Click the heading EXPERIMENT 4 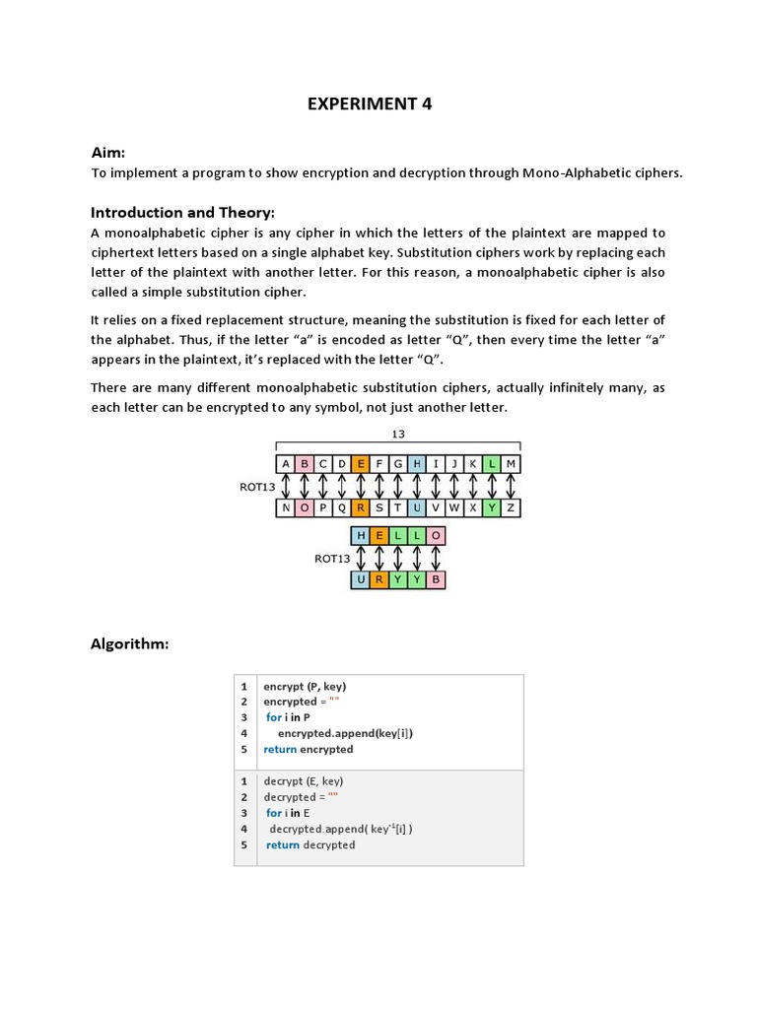[x=370, y=104]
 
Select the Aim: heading [x=107, y=152]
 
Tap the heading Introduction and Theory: [x=182, y=212]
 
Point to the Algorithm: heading [x=130, y=643]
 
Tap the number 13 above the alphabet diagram [x=398, y=434]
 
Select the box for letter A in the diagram [x=286, y=463]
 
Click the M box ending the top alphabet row [x=511, y=463]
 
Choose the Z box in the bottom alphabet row [x=511, y=507]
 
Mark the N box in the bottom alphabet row [x=286, y=507]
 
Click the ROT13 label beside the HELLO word [x=332, y=558]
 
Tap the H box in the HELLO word [x=361, y=535]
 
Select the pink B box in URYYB [x=436, y=579]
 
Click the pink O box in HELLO [x=436, y=535]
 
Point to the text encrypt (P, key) [x=305, y=686]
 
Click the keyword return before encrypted [x=279, y=749]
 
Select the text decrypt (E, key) [x=304, y=781]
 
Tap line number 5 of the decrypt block [x=243, y=844]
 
